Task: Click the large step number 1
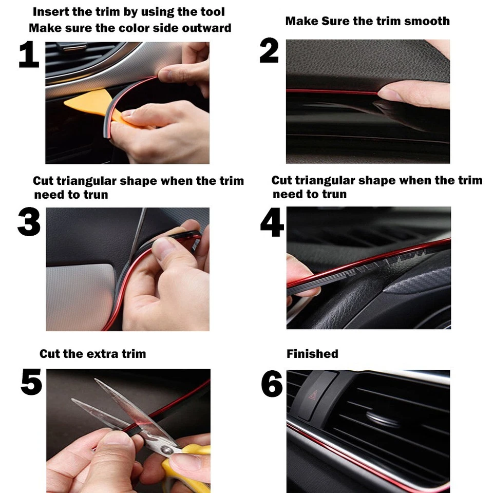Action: tap(29, 55)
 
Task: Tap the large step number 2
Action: tap(269, 51)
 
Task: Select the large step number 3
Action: tap(29, 222)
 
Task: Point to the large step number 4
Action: tap(272, 222)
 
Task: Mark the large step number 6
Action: tap(272, 384)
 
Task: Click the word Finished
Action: tap(312, 354)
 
